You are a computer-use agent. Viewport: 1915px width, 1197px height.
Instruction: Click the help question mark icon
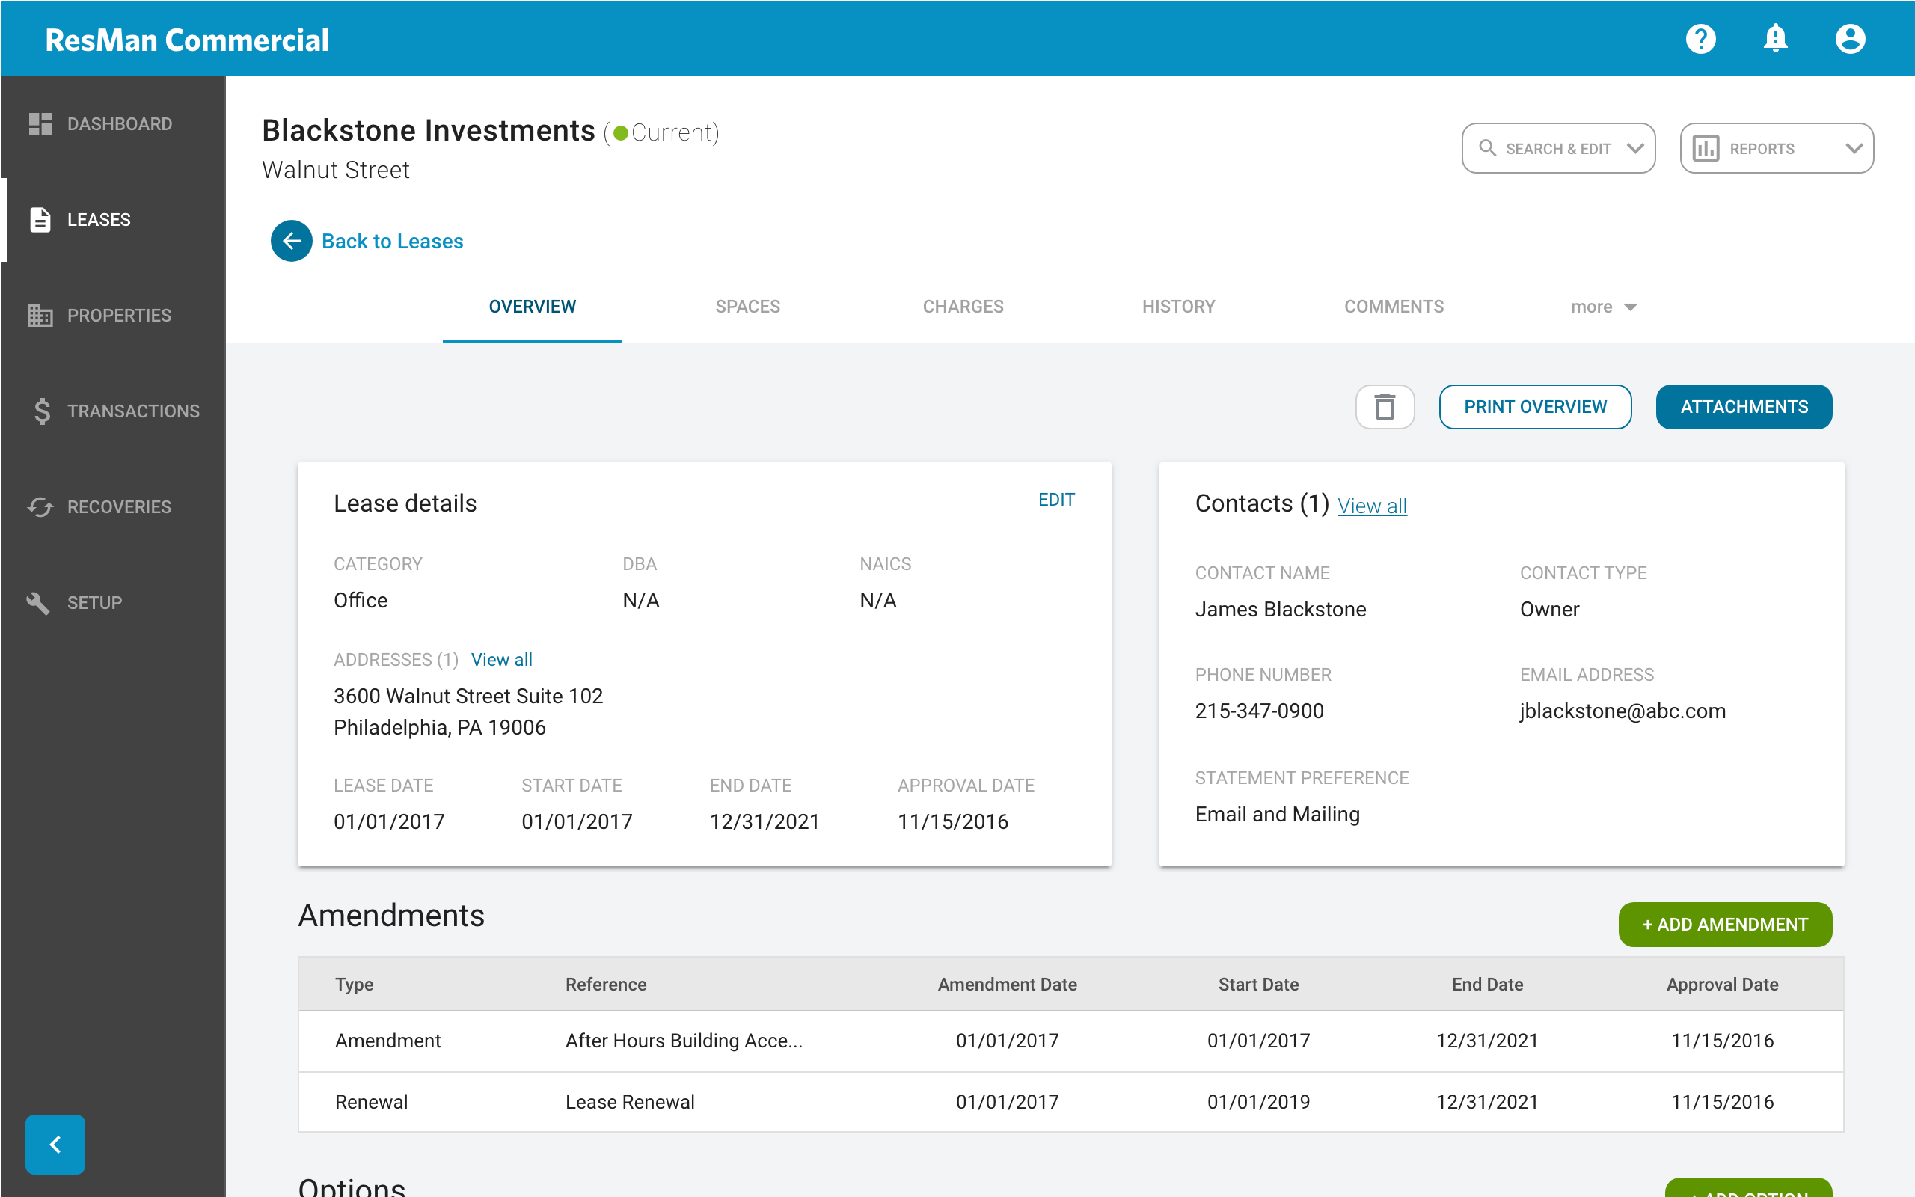tap(1700, 39)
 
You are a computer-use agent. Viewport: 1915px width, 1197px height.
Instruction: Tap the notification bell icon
tap(1775, 39)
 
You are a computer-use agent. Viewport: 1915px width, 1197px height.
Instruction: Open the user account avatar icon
tap(1849, 39)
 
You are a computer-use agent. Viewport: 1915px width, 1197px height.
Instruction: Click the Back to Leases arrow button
tap(291, 241)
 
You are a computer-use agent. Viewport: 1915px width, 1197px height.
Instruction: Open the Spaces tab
tap(747, 307)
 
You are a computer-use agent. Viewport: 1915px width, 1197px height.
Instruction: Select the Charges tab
tap(962, 307)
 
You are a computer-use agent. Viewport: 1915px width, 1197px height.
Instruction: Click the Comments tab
tap(1394, 307)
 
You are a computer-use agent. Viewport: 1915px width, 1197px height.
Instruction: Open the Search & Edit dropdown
tap(1558, 148)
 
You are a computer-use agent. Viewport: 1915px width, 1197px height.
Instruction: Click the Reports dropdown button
tap(1776, 148)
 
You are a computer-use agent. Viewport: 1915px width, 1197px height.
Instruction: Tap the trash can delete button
tap(1385, 407)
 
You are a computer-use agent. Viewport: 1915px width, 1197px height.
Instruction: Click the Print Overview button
tap(1534, 407)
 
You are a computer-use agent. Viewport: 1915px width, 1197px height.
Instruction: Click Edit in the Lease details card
tap(1055, 500)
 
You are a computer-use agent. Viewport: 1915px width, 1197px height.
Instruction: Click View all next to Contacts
tap(1371, 506)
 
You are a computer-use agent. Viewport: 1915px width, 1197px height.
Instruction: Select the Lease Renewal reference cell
tap(630, 1101)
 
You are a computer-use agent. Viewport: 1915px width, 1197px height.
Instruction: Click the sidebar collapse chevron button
tap(55, 1144)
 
